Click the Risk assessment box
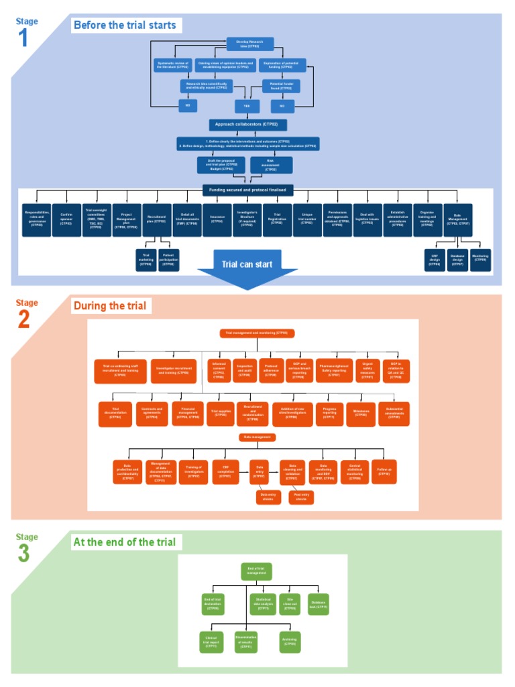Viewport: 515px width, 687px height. tap(271, 165)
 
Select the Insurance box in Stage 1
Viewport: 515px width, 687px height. tap(217, 220)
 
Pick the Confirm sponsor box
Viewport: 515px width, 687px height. tap(66, 220)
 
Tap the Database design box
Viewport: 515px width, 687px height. tap(457, 260)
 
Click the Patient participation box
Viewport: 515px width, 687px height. tap(169, 260)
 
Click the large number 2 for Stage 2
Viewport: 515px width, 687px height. tap(23, 320)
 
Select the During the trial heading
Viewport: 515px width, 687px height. tap(109, 306)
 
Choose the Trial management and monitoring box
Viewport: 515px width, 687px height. tap(256, 333)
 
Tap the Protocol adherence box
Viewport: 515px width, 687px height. tap(271, 370)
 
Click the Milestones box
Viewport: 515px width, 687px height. tap(361, 413)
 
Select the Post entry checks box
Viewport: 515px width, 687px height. tap(301, 498)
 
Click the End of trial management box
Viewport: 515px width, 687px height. tap(256, 571)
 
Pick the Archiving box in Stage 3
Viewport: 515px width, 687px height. tap(290, 642)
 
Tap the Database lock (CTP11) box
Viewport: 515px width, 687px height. tap(319, 604)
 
